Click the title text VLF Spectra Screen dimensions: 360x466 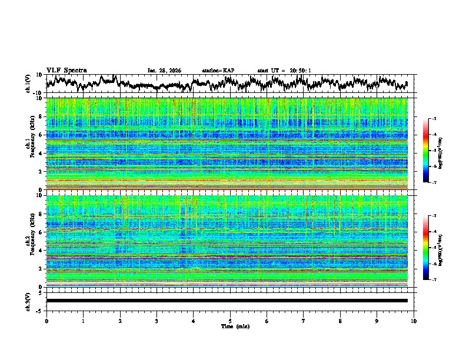pyautogui.click(x=66, y=70)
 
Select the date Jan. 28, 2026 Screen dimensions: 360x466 pyautogui.click(x=164, y=71)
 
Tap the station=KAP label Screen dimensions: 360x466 pyautogui.click(x=218, y=71)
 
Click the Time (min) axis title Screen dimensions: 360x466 pyautogui.click(x=235, y=326)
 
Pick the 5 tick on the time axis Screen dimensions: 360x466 pyautogui.click(x=230, y=321)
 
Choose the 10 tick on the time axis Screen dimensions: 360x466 pyautogui.click(x=414, y=321)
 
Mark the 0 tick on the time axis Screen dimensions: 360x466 pyautogui.click(x=46, y=321)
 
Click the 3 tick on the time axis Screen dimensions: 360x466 pyautogui.click(x=157, y=321)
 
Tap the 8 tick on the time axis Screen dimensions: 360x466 pyautogui.click(x=340, y=321)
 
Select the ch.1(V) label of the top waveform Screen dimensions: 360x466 pyautogui.click(x=28, y=84)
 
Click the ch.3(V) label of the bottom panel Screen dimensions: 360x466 pyautogui.click(x=28, y=301)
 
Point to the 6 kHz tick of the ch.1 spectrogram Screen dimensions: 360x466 pyautogui.click(x=41, y=135)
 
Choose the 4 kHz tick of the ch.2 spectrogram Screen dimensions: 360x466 pyautogui.click(x=41, y=250)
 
